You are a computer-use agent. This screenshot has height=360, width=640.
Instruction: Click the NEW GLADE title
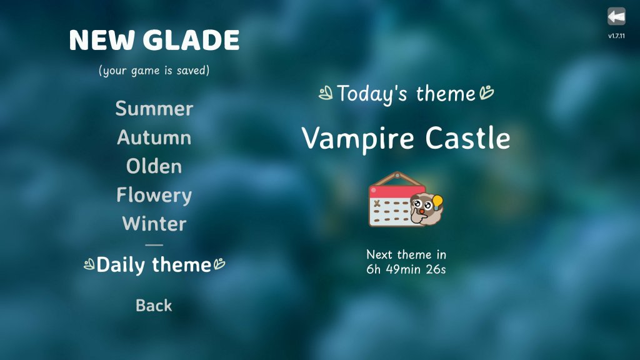coord(154,41)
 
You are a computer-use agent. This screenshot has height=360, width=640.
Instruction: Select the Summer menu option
coord(154,109)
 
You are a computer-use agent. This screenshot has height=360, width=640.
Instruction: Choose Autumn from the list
coord(154,137)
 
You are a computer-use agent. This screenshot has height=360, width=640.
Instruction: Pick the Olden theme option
coord(154,166)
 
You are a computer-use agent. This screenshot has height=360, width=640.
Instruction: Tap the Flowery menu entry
coord(154,195)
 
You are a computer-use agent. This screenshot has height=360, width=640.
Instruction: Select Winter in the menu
coord(154,224)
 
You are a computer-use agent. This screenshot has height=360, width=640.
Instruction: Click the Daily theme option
coord(154,265)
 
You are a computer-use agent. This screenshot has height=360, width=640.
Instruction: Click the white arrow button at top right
coord(616,16)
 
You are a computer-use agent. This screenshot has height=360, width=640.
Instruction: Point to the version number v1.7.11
coord(616,36)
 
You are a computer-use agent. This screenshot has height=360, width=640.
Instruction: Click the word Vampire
coord(359,138)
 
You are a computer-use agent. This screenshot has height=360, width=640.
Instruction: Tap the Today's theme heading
coord(406,94)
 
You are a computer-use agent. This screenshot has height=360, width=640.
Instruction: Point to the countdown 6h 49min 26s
coord(406,270)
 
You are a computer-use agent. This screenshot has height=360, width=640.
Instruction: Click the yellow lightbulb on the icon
coord(437,201)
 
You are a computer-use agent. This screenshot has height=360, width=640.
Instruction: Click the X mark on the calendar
coord(377,204)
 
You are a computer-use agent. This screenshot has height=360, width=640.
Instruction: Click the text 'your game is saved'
coord(154,71)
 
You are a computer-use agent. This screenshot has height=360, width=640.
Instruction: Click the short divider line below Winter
coord(154,245)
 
